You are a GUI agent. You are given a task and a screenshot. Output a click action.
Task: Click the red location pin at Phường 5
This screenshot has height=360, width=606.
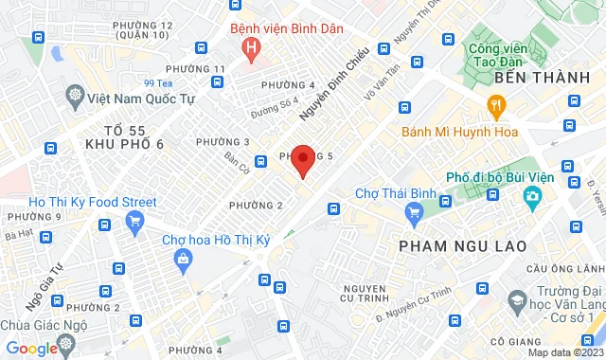click(302, 159)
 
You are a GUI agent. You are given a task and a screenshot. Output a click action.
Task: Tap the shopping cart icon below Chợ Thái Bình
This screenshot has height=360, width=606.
click(413, 215)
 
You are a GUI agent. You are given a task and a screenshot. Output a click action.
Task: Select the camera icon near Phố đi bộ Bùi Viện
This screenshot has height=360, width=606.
click(532, 197)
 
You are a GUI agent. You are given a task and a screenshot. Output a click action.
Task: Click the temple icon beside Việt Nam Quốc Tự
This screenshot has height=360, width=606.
click(75, 96)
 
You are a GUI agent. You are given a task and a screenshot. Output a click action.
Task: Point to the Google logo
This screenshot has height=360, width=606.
click(31, 349)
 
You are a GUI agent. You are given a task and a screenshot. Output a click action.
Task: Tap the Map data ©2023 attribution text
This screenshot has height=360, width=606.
click(563, 353)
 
